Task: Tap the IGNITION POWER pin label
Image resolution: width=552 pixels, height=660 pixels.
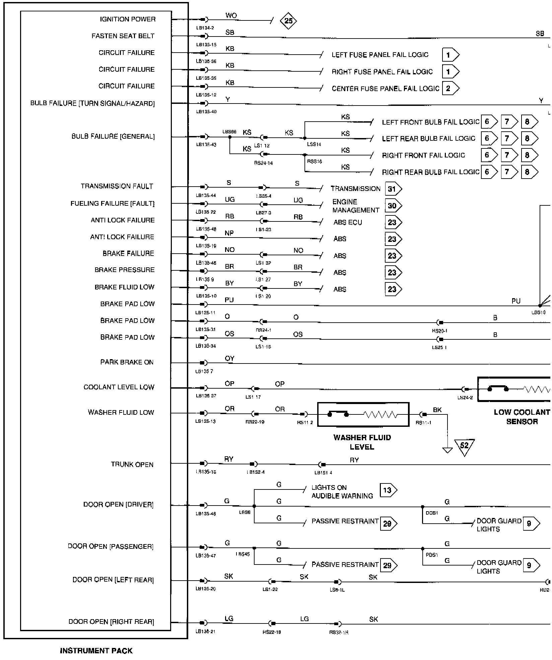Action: (128, 19)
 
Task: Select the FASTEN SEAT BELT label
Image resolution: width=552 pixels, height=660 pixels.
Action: (123, 36)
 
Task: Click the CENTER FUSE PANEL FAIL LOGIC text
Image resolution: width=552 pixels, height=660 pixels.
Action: (385, 88)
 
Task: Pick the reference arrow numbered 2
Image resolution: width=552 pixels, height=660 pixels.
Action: (450, 88)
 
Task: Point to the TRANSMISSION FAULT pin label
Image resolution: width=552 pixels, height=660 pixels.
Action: (117, 186)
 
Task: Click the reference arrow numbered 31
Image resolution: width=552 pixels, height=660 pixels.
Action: (393, 189)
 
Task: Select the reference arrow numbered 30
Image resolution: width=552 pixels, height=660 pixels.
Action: (393, 206)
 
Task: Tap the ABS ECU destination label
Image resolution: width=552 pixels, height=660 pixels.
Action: (348, 222)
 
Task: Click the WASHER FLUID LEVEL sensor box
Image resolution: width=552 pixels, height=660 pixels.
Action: (363, 415)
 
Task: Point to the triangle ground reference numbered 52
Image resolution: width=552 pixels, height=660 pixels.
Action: (464, 446)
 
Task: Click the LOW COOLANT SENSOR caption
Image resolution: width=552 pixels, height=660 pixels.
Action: (522, 417)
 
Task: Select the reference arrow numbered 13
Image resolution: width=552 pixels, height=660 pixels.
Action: (388, 490)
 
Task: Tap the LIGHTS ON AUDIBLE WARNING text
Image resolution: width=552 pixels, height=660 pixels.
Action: (342, 491)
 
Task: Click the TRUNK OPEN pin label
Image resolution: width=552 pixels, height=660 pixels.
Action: (132, 465)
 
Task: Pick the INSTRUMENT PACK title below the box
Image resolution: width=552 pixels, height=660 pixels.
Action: (96, 651)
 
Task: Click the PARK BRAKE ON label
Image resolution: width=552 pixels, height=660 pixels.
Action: (127, 362)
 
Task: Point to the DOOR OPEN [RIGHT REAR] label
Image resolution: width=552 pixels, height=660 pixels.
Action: (111, 622)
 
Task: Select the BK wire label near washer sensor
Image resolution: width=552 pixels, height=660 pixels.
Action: (437, 410)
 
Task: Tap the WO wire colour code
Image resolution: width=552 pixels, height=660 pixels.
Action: (231, 15)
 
